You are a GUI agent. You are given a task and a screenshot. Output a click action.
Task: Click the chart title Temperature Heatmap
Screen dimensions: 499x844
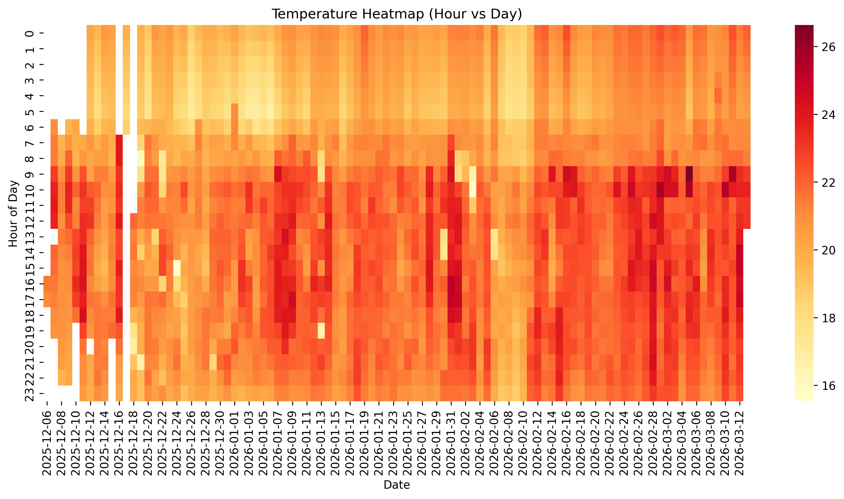[396, 14]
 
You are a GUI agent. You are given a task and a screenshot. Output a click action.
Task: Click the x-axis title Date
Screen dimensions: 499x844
[396, 485]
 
